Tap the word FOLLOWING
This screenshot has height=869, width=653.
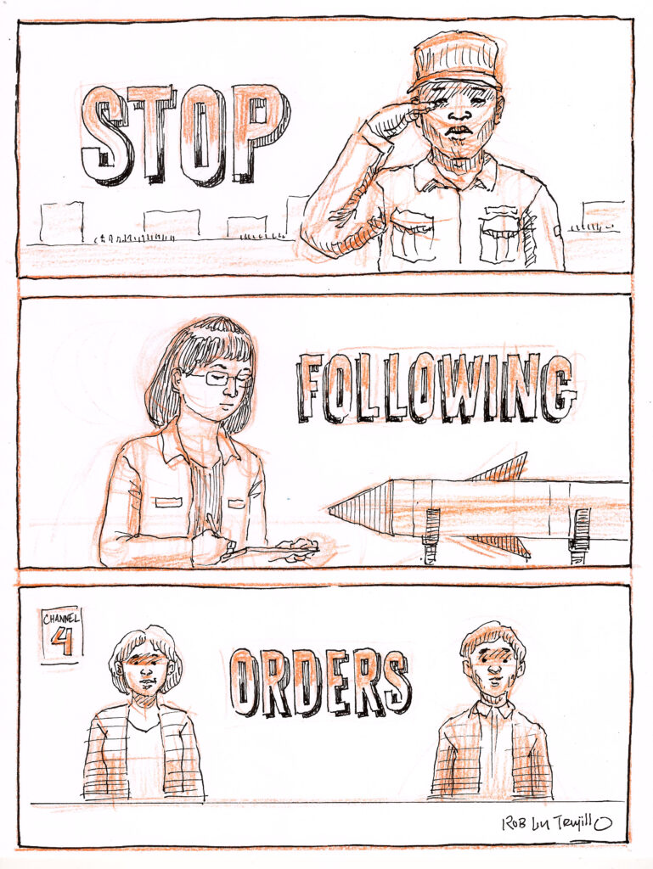(x=436, y=387)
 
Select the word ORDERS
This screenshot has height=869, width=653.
(x=321, y=682)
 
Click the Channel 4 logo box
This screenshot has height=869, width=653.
(x=62, y=633)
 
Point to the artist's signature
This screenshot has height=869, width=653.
(x=556, y=823)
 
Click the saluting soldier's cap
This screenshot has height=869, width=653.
(x=457, y=61)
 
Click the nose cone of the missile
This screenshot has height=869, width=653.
(x=360, y=508)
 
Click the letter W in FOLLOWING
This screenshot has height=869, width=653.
(x=464, y=388)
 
